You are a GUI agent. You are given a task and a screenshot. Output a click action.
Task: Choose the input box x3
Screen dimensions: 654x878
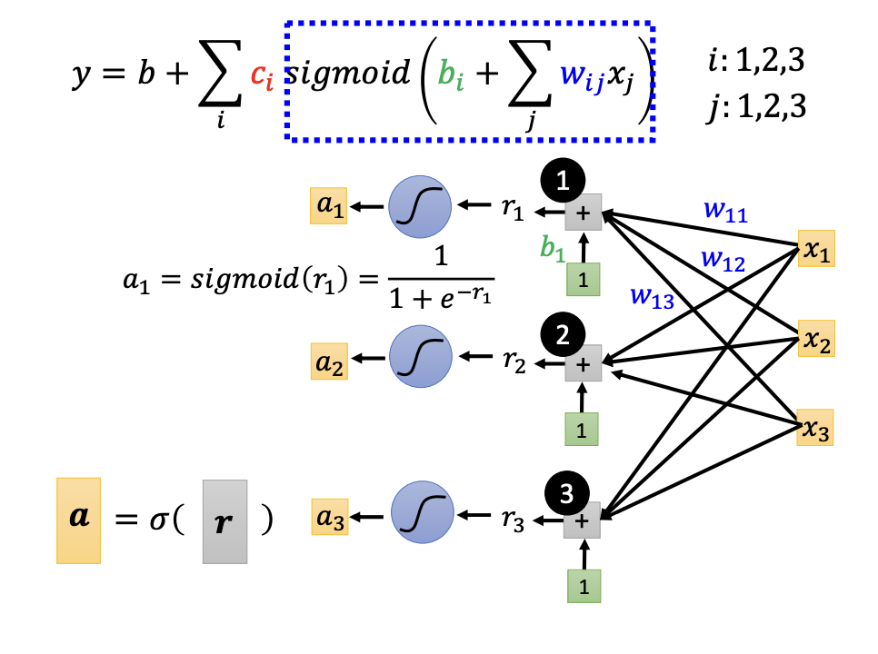pyautogui.click(x=815, y=426)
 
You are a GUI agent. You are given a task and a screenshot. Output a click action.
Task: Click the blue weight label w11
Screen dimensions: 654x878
pyautogui.click(x=725, y=211)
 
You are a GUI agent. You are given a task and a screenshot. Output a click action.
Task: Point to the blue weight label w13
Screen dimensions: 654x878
pyautogui.click(x=654, y=299)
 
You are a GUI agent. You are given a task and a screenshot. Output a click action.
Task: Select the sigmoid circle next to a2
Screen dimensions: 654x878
pyautogui.click(x=419, y=362)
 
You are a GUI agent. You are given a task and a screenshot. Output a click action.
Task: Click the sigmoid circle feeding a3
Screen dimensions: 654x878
pyautogui.click(x=421, y=515)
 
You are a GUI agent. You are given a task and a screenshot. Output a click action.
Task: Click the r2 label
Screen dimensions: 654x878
pyautogui.click(x=513, y=363)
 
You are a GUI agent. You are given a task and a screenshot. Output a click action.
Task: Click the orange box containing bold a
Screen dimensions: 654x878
pyautogui.click(x=78, y=520)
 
